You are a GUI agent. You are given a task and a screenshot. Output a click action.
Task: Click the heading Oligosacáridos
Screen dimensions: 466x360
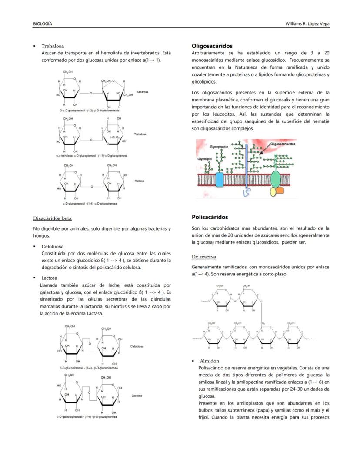pos(212,46)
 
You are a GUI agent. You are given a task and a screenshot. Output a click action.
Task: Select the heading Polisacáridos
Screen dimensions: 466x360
pos(210,217)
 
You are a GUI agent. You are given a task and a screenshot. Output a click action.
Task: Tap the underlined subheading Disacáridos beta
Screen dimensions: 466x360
pos(53,218)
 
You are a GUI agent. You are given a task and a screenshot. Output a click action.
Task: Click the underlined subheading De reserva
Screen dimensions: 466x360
pos(204,257)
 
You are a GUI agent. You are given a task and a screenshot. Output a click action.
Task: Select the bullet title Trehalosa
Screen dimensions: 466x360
pos(53,46)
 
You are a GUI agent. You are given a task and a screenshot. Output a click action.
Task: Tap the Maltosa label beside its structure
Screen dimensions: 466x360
pos(139,181)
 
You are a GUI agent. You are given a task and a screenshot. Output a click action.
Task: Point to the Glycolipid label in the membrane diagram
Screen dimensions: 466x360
pos(204,159)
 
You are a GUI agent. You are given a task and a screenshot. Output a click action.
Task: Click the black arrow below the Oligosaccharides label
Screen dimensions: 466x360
pos(264,151)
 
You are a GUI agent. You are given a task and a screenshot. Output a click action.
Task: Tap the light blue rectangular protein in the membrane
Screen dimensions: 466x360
pos(219,180)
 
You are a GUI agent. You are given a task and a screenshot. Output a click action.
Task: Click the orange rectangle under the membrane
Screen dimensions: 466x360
pos(280,190)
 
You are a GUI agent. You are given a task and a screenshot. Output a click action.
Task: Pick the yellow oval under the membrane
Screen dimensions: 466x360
pos(273,192)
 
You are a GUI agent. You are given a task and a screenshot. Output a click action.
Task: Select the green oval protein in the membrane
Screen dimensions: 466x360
pos(275,179)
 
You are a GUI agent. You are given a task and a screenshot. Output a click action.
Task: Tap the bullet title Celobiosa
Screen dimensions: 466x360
pos(52,246)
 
